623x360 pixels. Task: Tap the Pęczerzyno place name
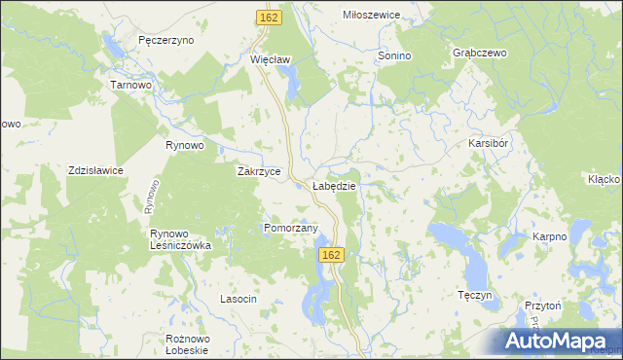click(166, 41)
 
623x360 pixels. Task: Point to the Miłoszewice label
click(372, 16)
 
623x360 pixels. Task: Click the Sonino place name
click(394, 56)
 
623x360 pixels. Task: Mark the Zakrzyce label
click(260, 171)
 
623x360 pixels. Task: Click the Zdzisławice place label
click(95, 170)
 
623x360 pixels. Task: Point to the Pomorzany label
click(291, 229)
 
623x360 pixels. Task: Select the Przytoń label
click(543, 305)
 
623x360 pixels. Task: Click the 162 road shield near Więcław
click(270, 18)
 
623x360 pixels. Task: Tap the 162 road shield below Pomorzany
click(331, 254)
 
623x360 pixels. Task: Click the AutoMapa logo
click(558, 342)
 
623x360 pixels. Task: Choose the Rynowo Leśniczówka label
click(180, 239)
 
